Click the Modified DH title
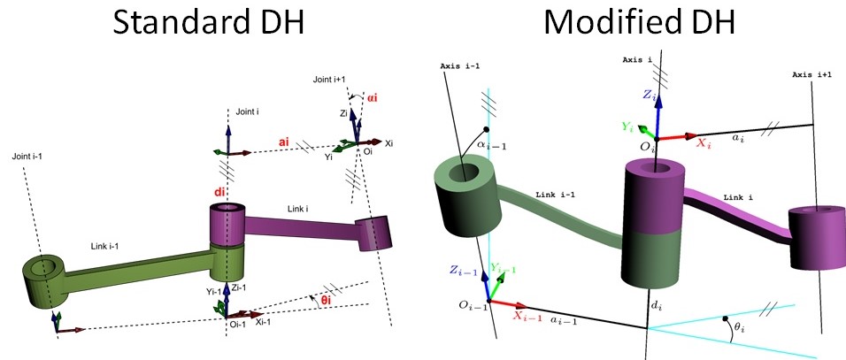pos(638,20)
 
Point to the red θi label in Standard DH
pos(326,300)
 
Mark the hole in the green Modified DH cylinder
pos(461,172)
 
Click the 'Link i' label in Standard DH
pos(297,207)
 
